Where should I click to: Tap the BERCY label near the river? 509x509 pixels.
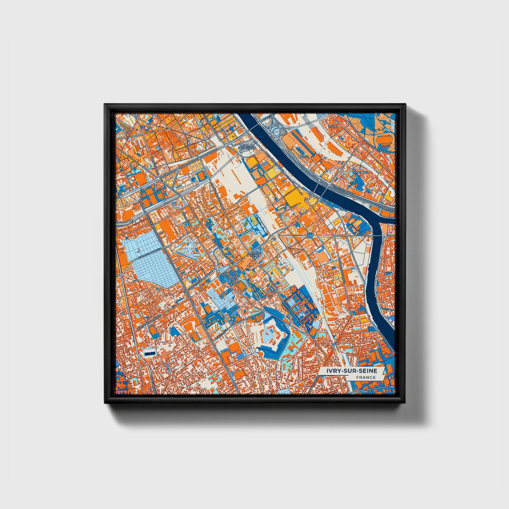click(x=303, y=156)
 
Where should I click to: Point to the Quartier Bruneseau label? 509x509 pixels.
click(x=247, y=147)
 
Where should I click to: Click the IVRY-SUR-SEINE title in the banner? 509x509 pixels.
click(x=352, y=371)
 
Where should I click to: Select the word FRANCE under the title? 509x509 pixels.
click(x=365, y=378)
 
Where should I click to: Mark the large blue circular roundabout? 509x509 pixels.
click(x=310, y=235)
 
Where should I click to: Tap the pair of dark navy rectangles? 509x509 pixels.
click(x=149, y=353)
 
